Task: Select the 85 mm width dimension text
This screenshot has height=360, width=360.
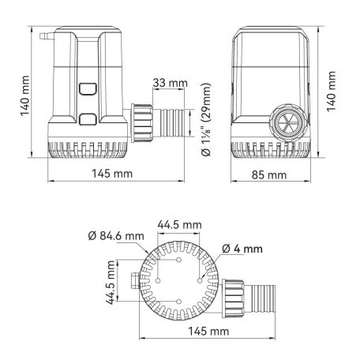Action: (270, 174)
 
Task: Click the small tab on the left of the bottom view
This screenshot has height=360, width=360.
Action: (131, 279)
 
